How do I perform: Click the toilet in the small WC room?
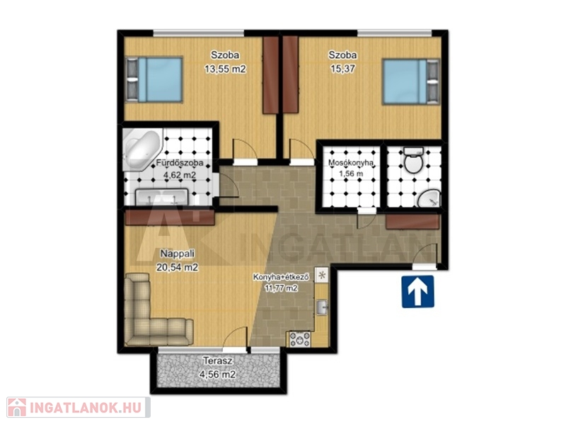click(413, 160)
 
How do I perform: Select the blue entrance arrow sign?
click(418, 292)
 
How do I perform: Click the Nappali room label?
click(178, 254)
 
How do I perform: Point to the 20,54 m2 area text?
click(178, 268)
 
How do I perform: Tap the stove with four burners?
click(300, 339)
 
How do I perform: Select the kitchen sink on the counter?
click(322, 307)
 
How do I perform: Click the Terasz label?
click(217, 361)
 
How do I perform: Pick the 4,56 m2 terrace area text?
click(217, 375)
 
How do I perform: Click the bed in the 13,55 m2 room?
click(154, 79)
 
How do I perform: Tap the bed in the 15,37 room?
click(411, 81)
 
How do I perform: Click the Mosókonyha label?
click(350, 163)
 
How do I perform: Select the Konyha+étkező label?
click(281, 278)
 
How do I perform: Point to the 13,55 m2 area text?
click(225, 69)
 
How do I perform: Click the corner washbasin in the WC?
click(430, 199)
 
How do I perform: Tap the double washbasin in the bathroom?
click(162, 198)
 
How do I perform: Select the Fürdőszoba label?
click(180, 163)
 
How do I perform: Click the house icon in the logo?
click(16, 408)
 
